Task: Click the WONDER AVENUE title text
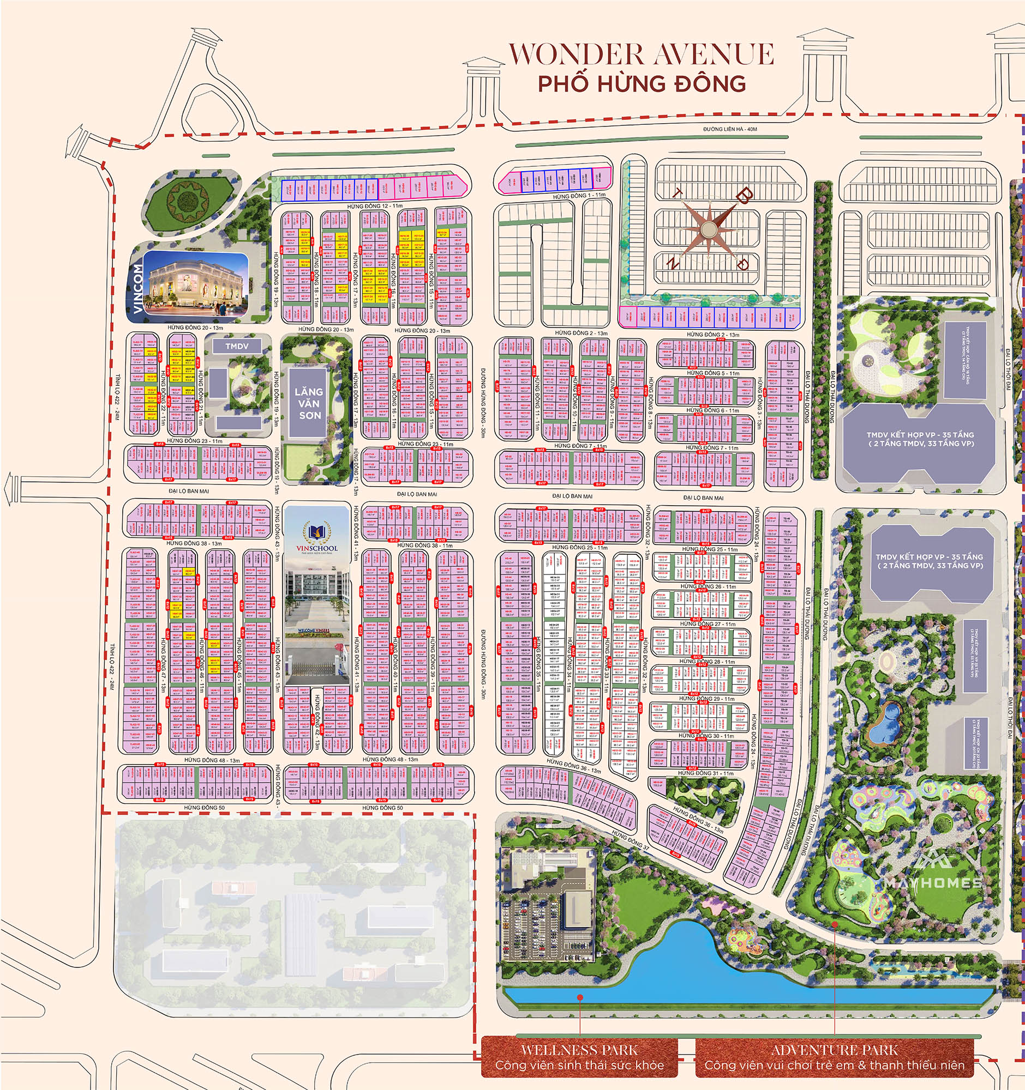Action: pos(641,55)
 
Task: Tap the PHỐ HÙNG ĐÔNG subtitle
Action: pos(642,84)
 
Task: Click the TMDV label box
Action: pos(237,346)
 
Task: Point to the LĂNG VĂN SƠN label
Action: pos(308,403)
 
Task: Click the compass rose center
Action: pos(709,228)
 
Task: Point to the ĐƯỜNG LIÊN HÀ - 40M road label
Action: pos(730,129)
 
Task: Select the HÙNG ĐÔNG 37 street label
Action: pos(631,839)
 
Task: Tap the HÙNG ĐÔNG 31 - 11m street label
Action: pos(705,773)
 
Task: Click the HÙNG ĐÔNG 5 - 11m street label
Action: pos(713,373)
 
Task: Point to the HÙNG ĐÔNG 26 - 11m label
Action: pos(709,586)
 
